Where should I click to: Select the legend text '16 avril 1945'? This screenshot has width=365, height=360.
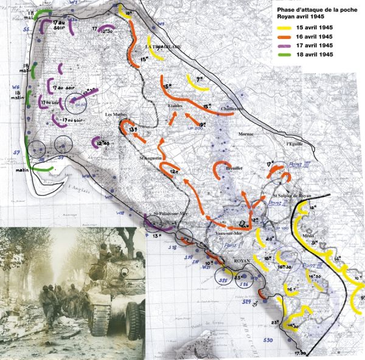(327, 36)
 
